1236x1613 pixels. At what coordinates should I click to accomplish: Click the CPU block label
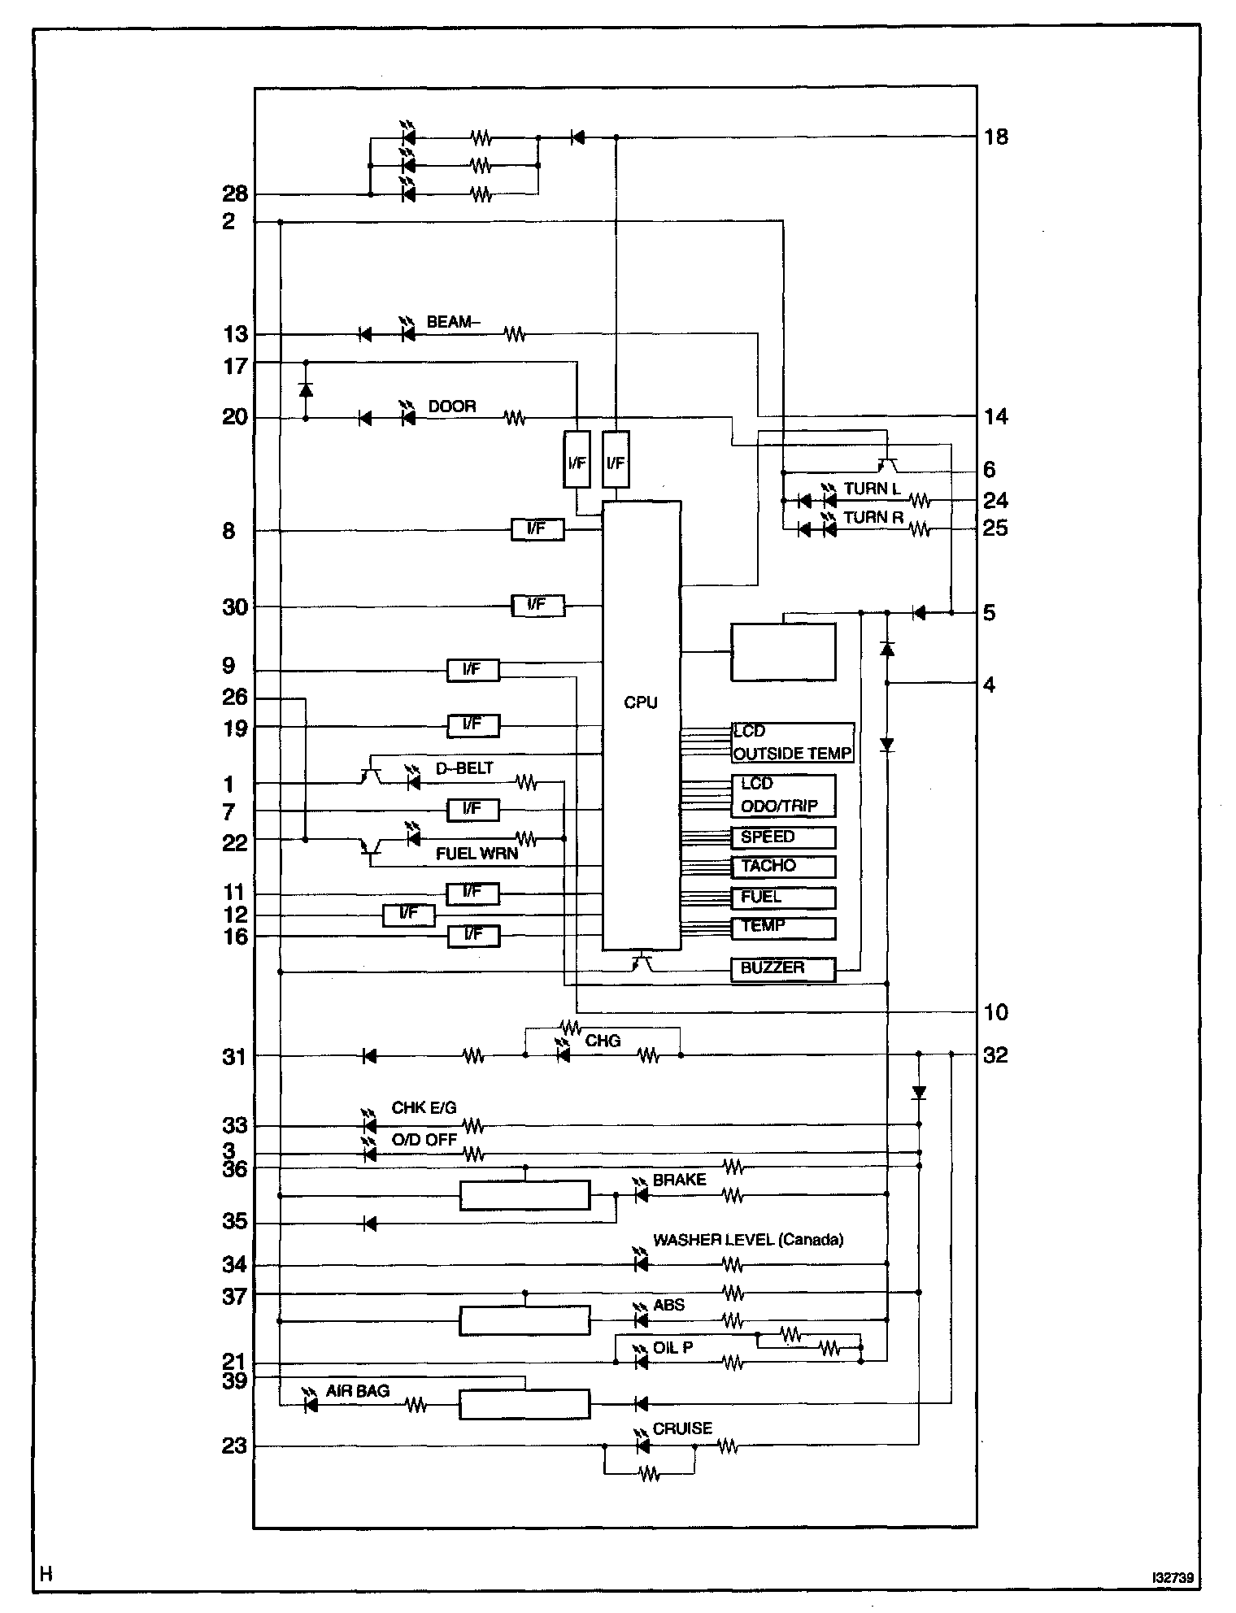pyautogui.click(x=641, y=702)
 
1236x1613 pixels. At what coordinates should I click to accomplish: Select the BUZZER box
pyautogui.click(x=783, y=968)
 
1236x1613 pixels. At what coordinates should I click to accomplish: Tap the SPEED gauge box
pyautogui.click(x=783, y=837)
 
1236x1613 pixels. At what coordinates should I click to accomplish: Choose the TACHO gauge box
pyautogui.click(x=783, y=866)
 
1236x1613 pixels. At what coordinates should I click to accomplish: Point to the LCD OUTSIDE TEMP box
pyautogui.click(x=792, y=743)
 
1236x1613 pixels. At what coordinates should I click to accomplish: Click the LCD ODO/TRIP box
pyautogui.click(x=783, y=795)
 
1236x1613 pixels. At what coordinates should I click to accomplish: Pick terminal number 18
pyautogui.click(x=995, y=137)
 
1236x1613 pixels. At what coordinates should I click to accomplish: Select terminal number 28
pyautogui.click(x=235, y=195)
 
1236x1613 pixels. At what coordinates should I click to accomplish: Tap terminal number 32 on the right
pyautogui.click(x=995, y=1055)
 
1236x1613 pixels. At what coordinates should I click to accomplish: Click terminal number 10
pyautogui.click(x=995, y=1012)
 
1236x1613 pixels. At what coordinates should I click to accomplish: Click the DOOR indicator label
pyautogui.click(x=452, y=406)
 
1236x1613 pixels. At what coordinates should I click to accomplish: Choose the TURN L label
pyautogui.click(x=872, y=489)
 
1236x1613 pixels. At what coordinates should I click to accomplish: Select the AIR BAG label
pyautogui.click(x=358, y=1391)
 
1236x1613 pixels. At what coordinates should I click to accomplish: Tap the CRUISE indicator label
pyautogui.click(x=682, y=1428)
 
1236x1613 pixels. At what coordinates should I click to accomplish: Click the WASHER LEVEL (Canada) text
pyautogui.click(x=748, y=1240)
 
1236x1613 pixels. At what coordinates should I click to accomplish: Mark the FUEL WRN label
pyautogui.click(x=477, y=854)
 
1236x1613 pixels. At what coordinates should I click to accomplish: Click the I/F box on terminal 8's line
pyautogui.click(x=537, y=529)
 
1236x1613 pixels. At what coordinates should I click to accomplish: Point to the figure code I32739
pyautogui.click(x=1172, y=1578)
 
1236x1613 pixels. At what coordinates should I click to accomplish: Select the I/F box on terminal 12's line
pyautogui.click(x=408, y=915)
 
